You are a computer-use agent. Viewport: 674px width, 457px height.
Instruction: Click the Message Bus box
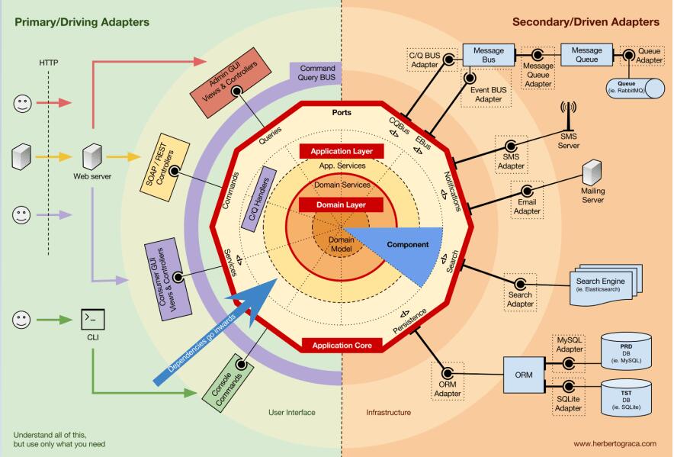[489, 55]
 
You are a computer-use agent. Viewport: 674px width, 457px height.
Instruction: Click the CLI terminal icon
[92, 317]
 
